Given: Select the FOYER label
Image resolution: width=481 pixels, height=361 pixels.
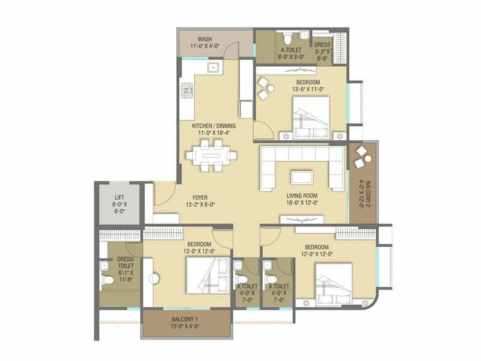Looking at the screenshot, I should [200, 196].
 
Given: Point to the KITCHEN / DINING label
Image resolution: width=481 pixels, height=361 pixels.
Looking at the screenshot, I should [213, 126].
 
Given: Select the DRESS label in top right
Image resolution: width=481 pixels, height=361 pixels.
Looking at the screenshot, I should [322, 45].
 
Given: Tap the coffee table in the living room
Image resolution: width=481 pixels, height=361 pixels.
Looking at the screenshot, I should [302, 177].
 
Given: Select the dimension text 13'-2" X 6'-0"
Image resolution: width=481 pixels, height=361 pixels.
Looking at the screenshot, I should [200, 204].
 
